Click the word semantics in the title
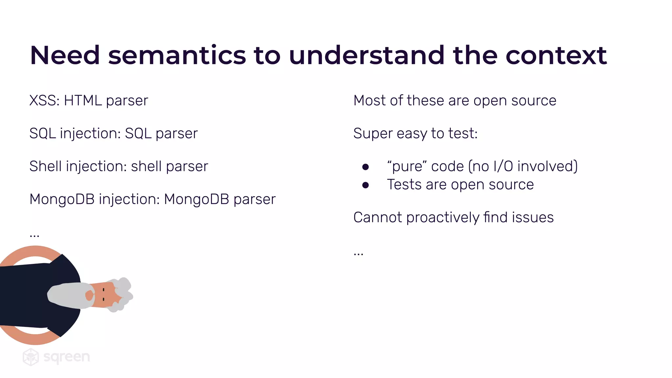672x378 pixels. (177, 56)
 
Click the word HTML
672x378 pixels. (83, 101)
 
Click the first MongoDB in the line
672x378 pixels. (62, 199)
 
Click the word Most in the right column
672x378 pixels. (369, 101)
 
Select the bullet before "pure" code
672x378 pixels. (365, 167)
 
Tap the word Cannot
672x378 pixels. (377, 218)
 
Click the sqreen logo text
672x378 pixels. (67, 357)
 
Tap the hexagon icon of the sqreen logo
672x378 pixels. (31, 357)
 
